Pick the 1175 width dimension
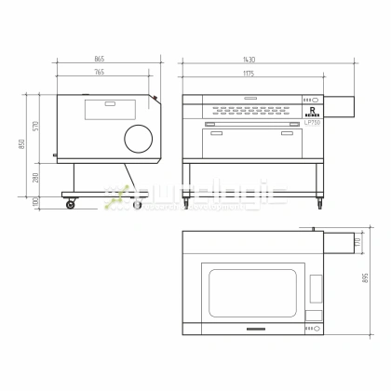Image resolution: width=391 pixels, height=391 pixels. tap(249, 71)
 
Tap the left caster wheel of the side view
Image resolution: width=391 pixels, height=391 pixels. tap(70, 206)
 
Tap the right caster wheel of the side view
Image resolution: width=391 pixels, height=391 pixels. tap(139, 206)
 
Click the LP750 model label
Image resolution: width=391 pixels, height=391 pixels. tap(312, 122)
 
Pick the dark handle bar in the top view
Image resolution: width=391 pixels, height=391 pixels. tap(253, 329)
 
